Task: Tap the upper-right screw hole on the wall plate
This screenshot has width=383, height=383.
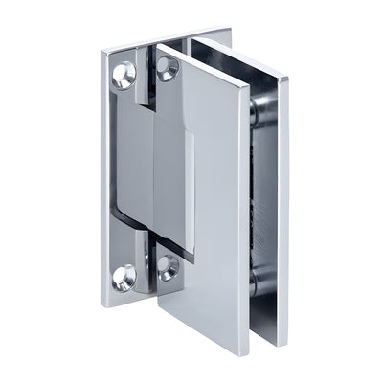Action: click(167, 68)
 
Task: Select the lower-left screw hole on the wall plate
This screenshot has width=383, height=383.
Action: click(124, 279)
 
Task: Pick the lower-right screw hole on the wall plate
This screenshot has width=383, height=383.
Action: click(168, 267)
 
